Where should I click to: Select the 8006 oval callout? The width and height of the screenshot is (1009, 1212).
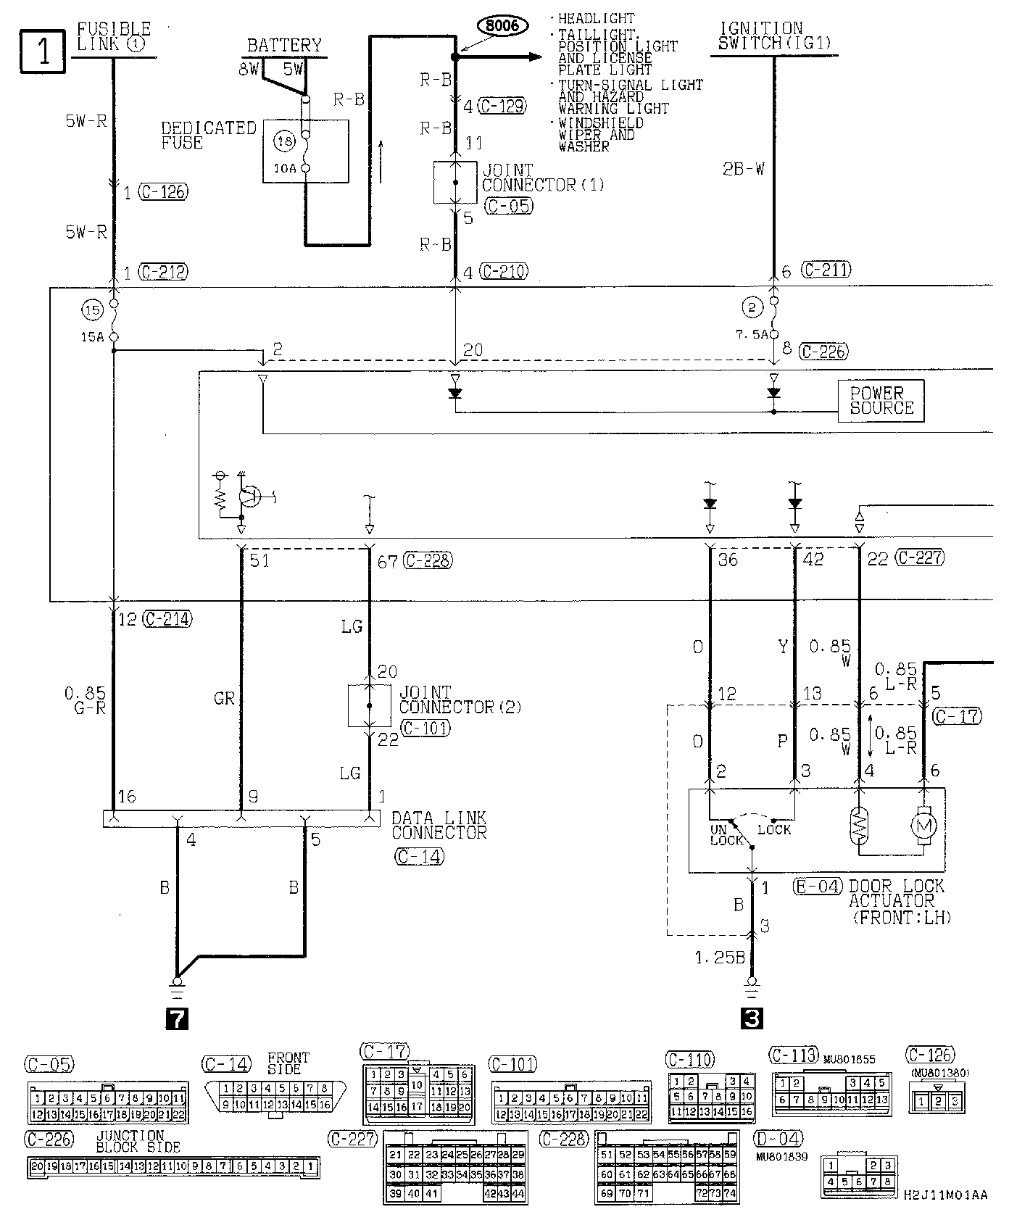click(x=503, y=25)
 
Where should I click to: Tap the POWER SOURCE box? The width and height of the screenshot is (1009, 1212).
click(x=881, y=400)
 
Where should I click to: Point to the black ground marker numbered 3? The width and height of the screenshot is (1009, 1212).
click(x=752, y=1018)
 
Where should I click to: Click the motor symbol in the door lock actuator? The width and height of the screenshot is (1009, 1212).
click(x=923, y=825)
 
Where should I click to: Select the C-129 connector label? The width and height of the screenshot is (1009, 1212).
click(x=502, y=106)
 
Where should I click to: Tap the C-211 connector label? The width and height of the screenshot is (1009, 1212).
click(x=826, y=270)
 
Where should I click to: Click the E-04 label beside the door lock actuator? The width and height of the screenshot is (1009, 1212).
click(x=818, y=886)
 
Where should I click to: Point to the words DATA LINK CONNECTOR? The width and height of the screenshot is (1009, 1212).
click(x=439, y=825)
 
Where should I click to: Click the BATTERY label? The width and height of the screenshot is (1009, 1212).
click(x=283, y=45)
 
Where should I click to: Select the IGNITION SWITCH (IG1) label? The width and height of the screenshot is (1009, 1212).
click(x=774, y=36)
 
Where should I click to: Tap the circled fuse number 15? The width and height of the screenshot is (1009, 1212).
click(x=92, y=310)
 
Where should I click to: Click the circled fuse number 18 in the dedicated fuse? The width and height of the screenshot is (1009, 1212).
click(x=284, y=142)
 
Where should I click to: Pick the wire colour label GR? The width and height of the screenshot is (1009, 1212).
click(x=224, y=698)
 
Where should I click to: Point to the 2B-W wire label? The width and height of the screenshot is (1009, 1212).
click(x=744, y=170)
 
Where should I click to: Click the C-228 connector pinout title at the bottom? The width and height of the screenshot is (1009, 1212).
click(x=565, y=1139)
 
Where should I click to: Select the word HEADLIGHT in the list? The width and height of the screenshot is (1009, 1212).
click(x=597, y=19)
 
